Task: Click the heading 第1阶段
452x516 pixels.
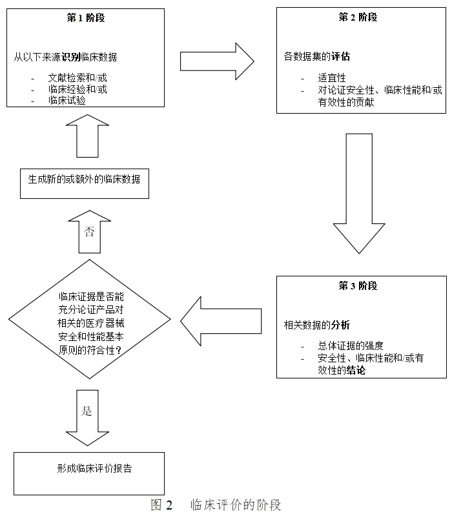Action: [86, 17]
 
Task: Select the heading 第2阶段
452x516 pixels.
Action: [358, 17]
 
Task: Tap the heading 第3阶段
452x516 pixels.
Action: [358, 286]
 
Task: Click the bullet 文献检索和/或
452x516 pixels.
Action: [77, 77]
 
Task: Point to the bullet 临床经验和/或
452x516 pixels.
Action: [77, 89]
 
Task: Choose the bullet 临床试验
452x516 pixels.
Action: [67, 101]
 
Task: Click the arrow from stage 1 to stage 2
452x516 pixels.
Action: [216, 61]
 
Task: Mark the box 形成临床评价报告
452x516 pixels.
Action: [89, 470]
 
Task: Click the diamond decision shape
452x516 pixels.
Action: [89, 320]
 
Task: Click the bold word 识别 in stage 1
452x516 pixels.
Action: [71, 56]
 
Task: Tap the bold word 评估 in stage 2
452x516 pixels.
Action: [340, 56]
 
